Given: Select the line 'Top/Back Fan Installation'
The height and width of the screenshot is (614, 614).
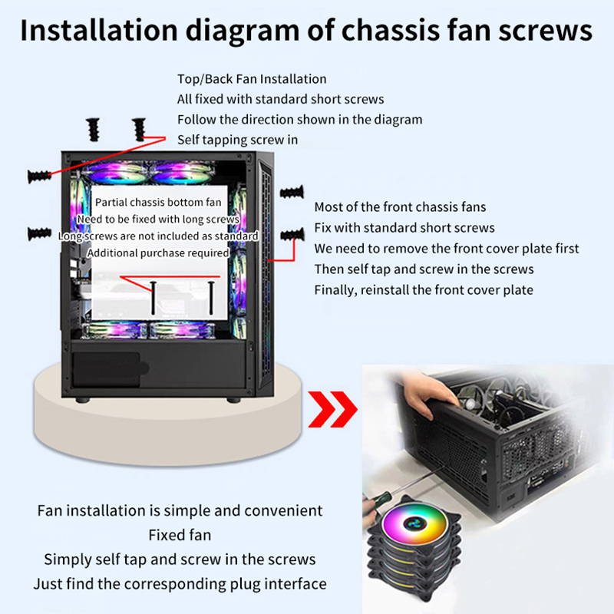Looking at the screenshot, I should tap(252, 79).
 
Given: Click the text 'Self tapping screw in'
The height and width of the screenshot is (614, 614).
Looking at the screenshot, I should tap(237, 140).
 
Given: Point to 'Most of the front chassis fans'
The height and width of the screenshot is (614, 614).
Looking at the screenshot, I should tap(400, 207).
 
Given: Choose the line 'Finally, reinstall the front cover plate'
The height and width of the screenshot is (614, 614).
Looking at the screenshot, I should tap(424, 290).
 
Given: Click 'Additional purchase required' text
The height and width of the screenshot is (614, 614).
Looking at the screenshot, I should tap(158, 253).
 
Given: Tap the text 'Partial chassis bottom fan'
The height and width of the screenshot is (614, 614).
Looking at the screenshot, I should tap(158, 203).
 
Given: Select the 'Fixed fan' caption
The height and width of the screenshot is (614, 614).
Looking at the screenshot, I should tap(180, 534).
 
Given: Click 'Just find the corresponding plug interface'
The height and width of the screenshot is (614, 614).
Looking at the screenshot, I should tap(180, 583).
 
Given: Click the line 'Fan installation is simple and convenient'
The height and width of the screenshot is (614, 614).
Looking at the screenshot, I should tap(180, 510).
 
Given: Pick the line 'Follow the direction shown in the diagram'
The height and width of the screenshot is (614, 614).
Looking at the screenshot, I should tap(299, 120).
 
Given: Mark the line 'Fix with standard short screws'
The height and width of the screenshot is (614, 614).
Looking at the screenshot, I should tap(404, 228).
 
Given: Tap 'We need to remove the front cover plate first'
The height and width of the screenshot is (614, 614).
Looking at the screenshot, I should tap(447, 249).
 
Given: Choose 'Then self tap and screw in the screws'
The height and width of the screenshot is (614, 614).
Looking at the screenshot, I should tap(424, 269).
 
